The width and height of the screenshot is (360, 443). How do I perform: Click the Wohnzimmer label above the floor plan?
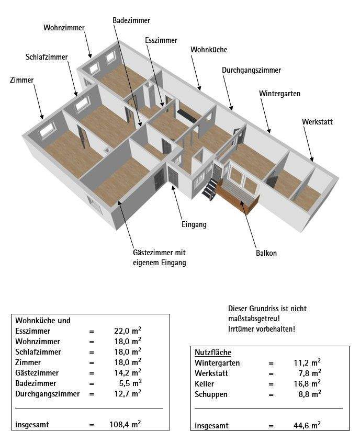pos(64,28)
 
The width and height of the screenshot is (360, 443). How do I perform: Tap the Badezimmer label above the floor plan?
pos(131,20)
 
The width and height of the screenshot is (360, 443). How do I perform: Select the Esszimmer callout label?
pos(161,40)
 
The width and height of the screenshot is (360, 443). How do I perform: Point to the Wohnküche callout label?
pos(209,50)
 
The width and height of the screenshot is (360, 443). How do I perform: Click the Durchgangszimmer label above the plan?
pos(251,70)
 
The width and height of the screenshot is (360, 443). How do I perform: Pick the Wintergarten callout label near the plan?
pos(279,94)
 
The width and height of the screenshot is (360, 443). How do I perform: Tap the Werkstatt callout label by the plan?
pos(317,122)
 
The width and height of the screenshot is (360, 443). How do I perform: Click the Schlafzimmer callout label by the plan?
pos(47,57)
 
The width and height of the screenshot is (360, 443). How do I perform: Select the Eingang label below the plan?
pos(194,225)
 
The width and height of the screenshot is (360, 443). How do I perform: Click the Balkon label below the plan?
pos(266,253)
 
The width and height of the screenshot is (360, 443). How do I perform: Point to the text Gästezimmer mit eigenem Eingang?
pos(159,257)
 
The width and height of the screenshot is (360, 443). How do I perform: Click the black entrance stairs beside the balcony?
pos(210,189)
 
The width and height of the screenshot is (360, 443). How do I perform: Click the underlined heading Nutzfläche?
pos(212,353)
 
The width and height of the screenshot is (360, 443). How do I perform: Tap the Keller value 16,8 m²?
pos(307,384)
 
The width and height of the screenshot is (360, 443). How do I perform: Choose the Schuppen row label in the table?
pos(211,394)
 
